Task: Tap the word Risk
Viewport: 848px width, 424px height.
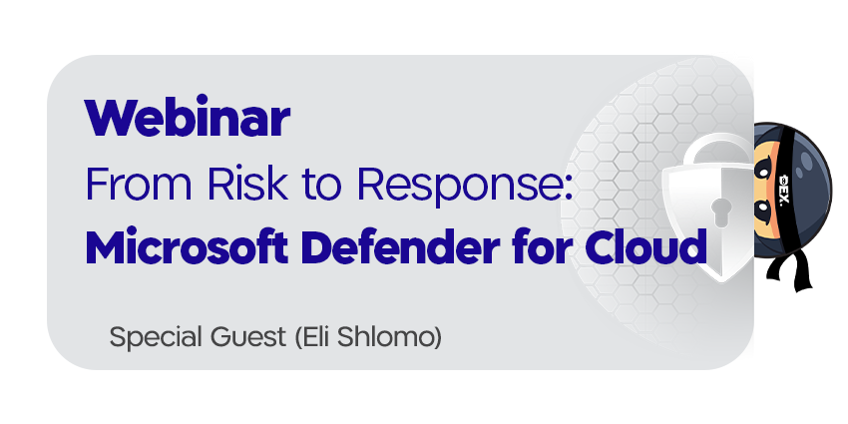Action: (x=247, y=184)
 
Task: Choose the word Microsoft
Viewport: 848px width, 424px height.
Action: (x=187, y=246)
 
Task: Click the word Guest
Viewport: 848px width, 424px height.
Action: (x=248, y=337)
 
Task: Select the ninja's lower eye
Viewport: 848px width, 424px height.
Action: (x=763, y=209)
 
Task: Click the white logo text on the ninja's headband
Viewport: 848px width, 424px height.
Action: (x=785, y=189)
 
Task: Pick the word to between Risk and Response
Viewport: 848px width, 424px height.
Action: (x=322, y=185)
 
